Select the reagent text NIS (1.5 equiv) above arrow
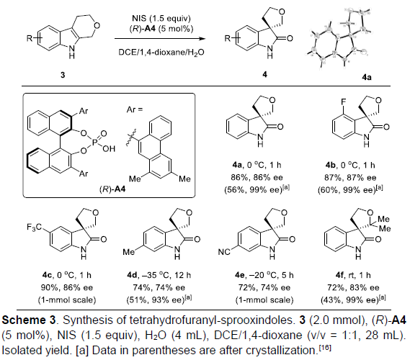pyautogui.click(x=161, y=18)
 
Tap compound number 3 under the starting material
pyautogui.click(x=63, y=75)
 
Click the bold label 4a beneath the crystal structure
pyautogui.click(x=366, y=77)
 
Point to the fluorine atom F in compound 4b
pyautogui.click(x=343, y=101)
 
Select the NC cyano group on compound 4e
pyautogui.click(x=224, y=251)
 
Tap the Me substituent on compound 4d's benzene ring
pyautogui.click(x=130, y=251)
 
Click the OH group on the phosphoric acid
pyautogui.click(x=109, y=148)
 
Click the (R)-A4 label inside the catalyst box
pyautogui.click(x=112, y=189)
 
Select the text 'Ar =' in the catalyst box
pyautogui.click(x=135, y=109)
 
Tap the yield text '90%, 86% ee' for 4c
pyautogui.click(x=67, y=287)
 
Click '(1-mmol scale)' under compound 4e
pyautogui.click(x=264, y=300)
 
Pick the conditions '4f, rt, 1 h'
pyautogui.click(x=353, y=275)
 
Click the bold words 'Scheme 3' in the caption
pyautogui.click(x=29, y=320)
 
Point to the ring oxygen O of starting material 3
pyautogui.click(x=97, y=26)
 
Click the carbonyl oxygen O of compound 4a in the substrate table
pyautogui.click(x=280, y=127)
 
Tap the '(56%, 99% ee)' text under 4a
pyautogui.click(x=257, y=189)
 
